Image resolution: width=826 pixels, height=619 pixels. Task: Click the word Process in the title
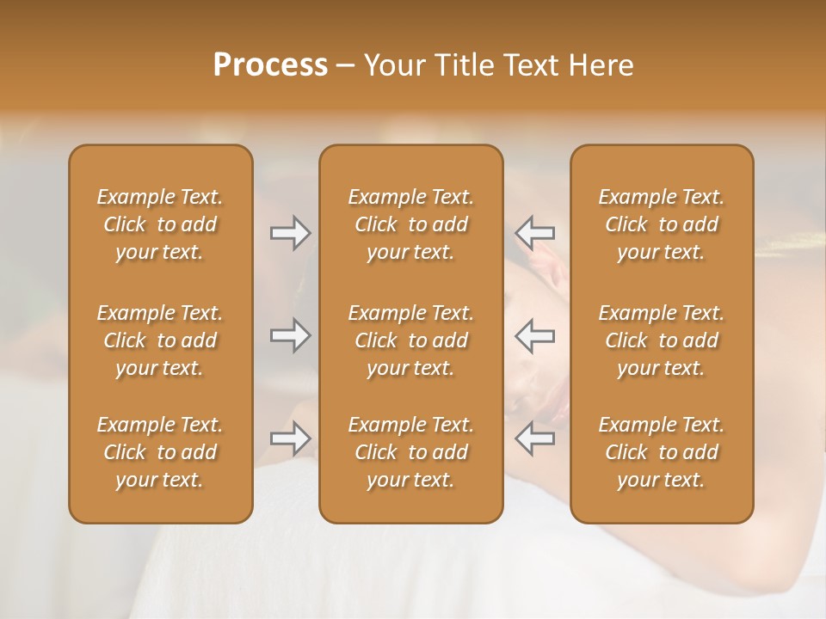click(270, 65)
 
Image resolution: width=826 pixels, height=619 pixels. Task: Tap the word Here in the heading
click(600, 65)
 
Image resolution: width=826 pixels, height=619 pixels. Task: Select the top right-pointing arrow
click(291, 232)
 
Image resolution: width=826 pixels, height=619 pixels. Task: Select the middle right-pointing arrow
click(291, 335)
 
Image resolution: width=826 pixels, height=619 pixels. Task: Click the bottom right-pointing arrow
click(291, 438)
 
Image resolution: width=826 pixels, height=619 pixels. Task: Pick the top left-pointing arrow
click(534, 232)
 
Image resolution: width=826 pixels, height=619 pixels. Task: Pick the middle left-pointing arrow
click(534, 335)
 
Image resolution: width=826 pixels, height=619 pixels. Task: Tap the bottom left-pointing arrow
click(534, 438)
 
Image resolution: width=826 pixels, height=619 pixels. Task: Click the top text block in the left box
click(160, 224)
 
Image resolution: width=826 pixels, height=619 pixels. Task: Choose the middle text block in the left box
click(160, 340)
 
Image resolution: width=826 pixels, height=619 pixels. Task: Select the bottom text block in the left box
click(160, 452)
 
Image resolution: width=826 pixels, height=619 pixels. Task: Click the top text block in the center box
click(411, 224)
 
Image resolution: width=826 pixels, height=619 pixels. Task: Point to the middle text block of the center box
click(411, 340)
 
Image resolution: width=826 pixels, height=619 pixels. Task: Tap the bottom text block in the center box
click(411, 452)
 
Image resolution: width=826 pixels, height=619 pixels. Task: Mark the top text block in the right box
click(662, 224)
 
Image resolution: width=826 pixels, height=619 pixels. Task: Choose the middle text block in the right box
click(662, 340)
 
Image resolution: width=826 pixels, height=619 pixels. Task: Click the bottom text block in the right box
click(662, 452)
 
